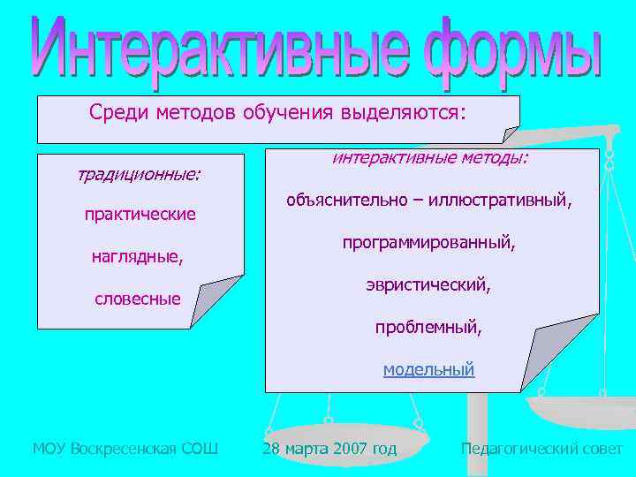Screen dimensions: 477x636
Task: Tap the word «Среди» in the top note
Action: pyautogui.click(x=120, y=113)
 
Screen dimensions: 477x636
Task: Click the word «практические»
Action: pyautogui.click(x=140, y=215)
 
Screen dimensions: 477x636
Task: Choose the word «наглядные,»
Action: pyautogui.click(x=138, y=257)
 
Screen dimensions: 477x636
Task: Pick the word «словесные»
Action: pyautogui.click(x=137, y=299)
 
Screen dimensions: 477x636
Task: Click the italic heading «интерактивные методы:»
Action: pyautogui.click(x=429, y=158)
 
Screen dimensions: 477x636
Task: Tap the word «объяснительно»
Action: pyautogui.click(x=349, y=201)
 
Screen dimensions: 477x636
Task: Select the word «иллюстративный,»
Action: pyautogui.click(x=501, y=201)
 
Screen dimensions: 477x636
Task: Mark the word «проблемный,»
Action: pyautogui.click(x=428, y=328)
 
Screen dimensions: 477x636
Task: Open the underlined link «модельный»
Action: pyautogui.click(x=428, y=370)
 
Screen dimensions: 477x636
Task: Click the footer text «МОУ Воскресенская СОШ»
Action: pyautogui.click(x=125, y=449)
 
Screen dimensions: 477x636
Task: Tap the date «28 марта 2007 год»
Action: pyautogui.click(x=329, y=449)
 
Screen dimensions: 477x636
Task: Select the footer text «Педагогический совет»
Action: pyautogui.click(x=541, y=449)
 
